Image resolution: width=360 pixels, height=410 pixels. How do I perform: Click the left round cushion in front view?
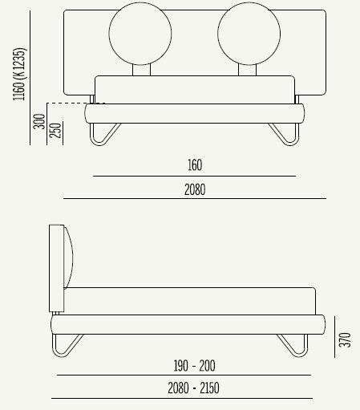[x=140, y=35]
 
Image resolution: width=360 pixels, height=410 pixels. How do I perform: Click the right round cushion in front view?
[x=249, y=35]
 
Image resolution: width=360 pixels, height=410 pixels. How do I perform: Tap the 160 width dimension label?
[x=194, y=166]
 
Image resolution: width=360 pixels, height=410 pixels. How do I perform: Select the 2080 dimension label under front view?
[x=194, y=190]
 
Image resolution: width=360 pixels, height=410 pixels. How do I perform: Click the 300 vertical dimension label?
[x=38, y=123]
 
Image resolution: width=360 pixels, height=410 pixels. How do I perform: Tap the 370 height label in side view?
[x=346, y=340]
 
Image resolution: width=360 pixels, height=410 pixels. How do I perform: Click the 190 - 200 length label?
[x=194, y=366]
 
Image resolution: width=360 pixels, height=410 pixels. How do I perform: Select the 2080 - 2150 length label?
[x=194, y=389]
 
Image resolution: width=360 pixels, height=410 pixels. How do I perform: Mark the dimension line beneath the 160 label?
[x=194, y=175]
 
